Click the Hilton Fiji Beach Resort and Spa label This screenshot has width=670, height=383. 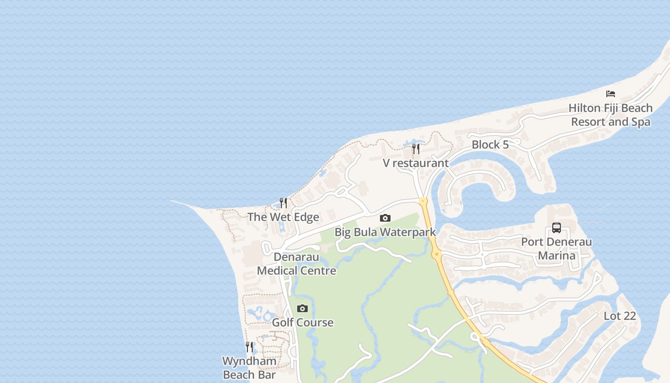(611, 115)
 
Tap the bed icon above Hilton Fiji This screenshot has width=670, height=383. (611, 94)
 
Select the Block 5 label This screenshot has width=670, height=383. (490, 145)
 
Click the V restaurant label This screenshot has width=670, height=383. (415, 163)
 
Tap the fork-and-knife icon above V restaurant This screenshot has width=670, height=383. (415, 149)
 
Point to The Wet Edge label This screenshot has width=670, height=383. (283, 217)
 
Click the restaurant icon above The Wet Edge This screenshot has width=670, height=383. (283, 203)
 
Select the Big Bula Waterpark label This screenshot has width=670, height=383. (385, 233)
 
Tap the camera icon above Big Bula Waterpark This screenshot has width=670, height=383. (385, 218)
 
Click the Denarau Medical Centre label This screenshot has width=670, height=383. (297, 264)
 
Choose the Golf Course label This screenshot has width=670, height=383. (302, 322)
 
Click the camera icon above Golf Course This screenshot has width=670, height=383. (302, 309)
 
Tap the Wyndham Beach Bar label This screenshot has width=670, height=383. (249, 368)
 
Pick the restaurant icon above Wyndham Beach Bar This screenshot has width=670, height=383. (249, 347)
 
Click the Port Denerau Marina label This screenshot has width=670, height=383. (557, 248)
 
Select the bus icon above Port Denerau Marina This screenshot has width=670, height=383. (557, 228)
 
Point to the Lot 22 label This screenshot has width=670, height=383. (620, 316)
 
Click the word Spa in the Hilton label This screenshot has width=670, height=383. (640, 122)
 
